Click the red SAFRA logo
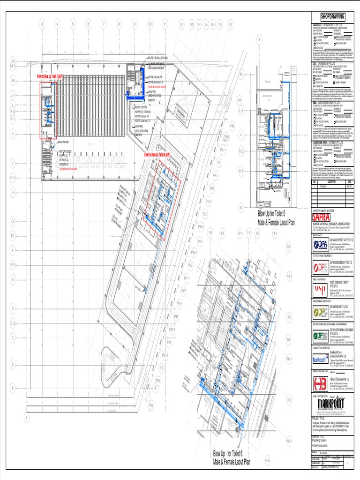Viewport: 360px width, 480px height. point(322,218)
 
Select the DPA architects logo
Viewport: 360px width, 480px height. point(321,245)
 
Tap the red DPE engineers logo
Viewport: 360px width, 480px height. point(321,267)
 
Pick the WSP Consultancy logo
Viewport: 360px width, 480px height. point(321,289)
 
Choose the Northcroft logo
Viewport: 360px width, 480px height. point(321,360)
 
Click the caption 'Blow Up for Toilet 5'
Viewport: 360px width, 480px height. point(276,213)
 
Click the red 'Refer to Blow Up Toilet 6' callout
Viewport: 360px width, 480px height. point(150,154)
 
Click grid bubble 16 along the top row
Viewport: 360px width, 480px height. point(230,24)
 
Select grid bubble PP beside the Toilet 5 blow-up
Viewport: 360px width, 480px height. point(239,100)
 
